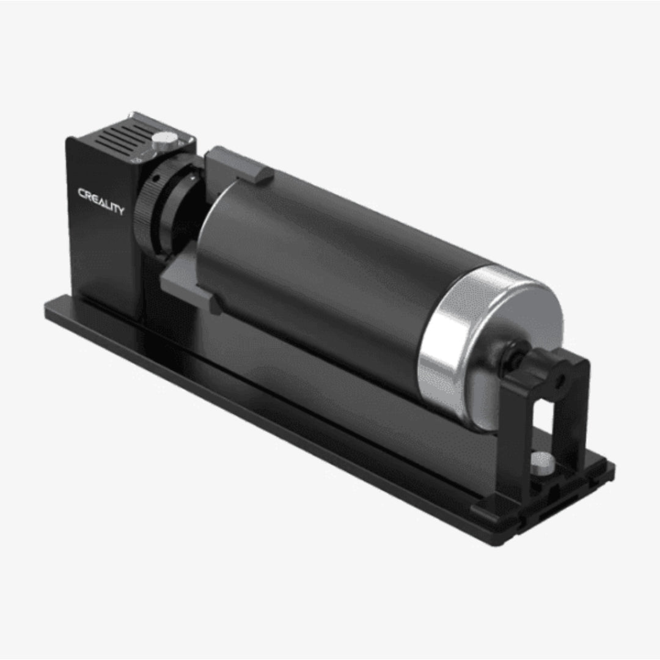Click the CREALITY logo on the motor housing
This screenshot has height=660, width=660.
tap(101, 201)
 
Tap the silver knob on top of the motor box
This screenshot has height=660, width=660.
tap(161, 142)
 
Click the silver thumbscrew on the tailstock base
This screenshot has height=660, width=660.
tap(540, 463)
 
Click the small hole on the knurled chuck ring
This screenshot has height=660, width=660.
tap(157, 178)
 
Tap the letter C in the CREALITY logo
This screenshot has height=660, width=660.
tap(82, 194)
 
